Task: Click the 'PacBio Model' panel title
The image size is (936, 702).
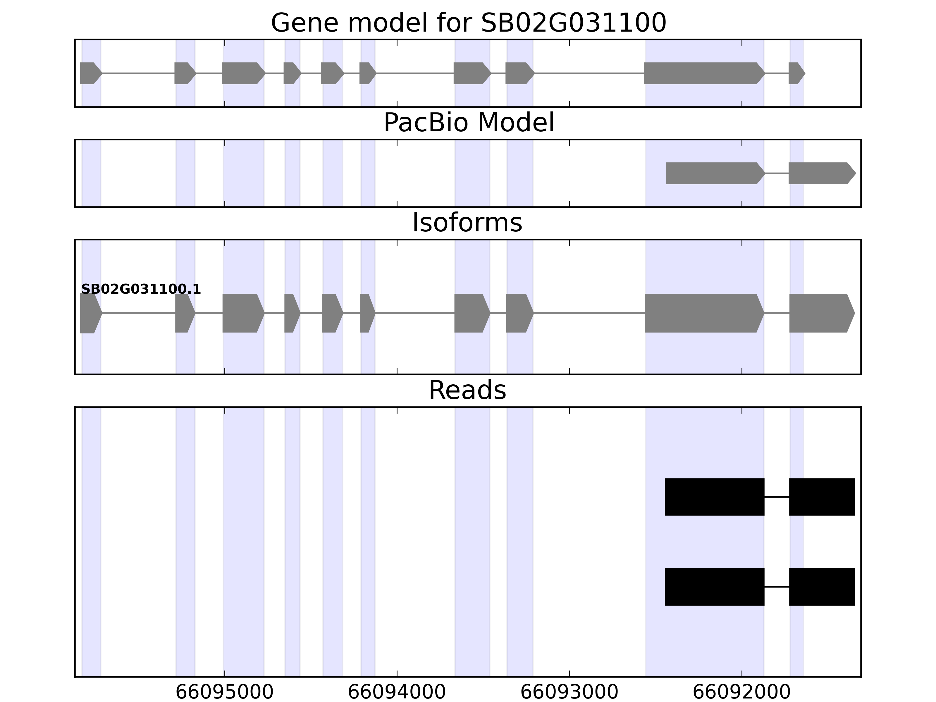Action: coord(468,123)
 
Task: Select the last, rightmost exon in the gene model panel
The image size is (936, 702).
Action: coord(796,73)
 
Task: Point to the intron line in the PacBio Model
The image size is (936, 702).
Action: coord(777,173)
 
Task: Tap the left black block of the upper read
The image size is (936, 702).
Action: coord(714,497)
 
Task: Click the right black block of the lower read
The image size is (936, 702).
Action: coord(821,586)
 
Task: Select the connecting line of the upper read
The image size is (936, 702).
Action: coord(777,497)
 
